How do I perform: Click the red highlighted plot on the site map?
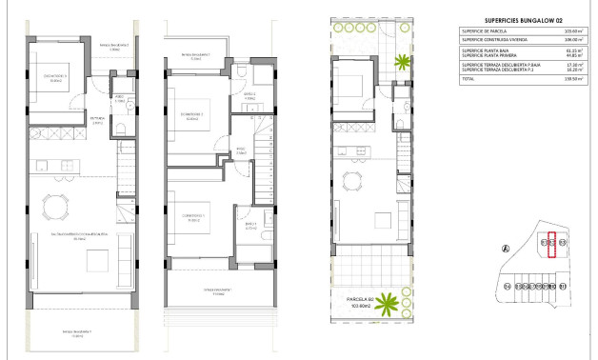[551, 246]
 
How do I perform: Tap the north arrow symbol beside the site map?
[507, 247]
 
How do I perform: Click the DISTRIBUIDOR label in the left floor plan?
[97, 122]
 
